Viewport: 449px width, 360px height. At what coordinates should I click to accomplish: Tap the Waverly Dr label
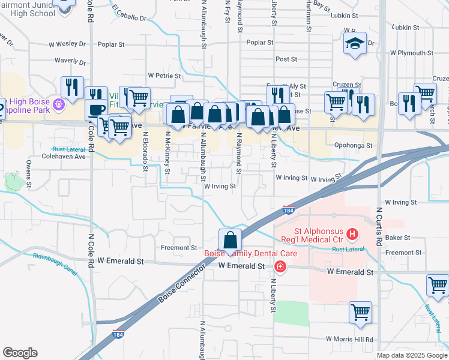pos(70,61)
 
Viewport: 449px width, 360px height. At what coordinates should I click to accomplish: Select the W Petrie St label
pos(164,76)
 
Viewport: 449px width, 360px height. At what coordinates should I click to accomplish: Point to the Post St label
pos(286,59)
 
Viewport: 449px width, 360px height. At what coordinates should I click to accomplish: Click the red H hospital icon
pos(352,233)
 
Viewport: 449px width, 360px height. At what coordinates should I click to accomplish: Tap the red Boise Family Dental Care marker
pos(279,266)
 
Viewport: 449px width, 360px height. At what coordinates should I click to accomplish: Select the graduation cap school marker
pos(355,43)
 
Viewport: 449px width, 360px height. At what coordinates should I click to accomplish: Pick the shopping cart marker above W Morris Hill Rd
pos(360,311)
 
